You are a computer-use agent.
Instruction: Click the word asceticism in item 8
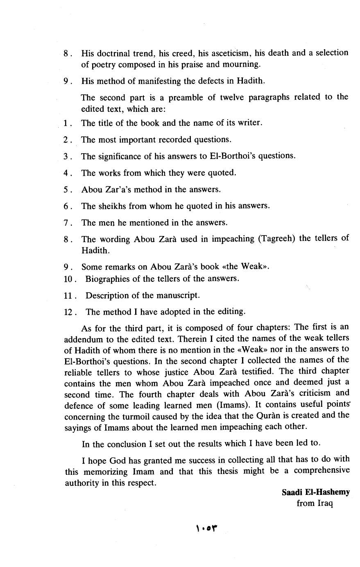click(227, 53)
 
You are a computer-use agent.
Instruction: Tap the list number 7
click(67, 223)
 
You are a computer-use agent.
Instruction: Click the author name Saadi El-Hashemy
click(315, 492)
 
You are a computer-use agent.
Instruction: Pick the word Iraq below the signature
click(325, 503)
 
